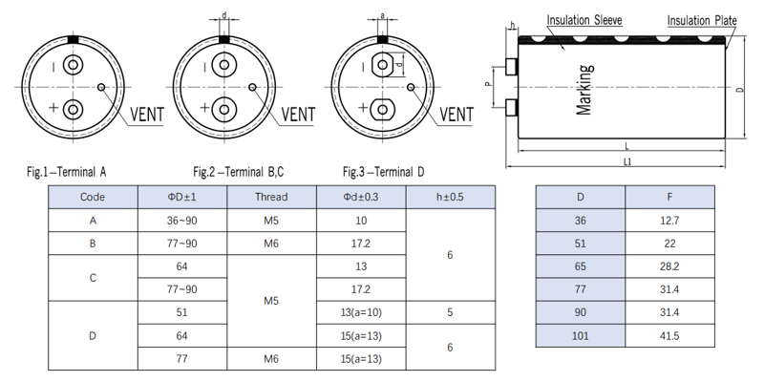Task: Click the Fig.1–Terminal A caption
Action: click(x=67, y=172)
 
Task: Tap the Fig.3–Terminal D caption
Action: click(x=383, y=172)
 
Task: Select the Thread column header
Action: click(x=271, y=198)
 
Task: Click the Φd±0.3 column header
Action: click(x=361, y=198)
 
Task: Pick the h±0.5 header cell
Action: click(x=451, y=198)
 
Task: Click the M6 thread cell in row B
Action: click(x=271, y=244)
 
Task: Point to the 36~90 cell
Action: click(x=181, y=221)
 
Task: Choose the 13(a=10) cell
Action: click(x=361, y=312)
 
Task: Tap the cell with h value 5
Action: click(x=451, y=312)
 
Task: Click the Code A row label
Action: click(x=93, y=221)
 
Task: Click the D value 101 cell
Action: click(x=581, y=336)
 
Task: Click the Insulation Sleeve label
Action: click(x=584, y=20)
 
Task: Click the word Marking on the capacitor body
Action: click(x=585, y=90)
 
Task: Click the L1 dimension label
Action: click(x=626, y=163)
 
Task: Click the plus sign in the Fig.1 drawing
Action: click(x=53, y=107)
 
